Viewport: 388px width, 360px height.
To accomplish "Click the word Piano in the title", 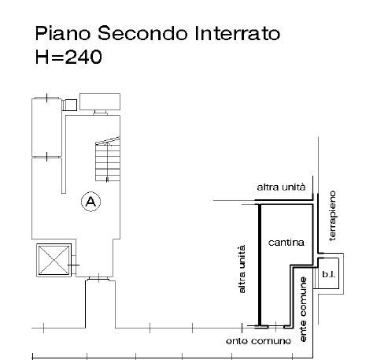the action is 63,33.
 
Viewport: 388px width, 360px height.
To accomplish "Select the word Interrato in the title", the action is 238,33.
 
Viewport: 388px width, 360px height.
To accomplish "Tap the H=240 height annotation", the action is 68,57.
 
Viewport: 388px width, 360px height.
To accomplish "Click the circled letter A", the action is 91,202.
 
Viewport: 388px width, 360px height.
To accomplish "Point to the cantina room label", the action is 286,243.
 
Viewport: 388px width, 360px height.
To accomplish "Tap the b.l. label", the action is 328,274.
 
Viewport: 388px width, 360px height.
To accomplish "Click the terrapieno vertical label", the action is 332,216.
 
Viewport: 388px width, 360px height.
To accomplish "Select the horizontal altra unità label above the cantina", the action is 281,187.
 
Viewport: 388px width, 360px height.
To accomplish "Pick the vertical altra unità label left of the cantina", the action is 242,269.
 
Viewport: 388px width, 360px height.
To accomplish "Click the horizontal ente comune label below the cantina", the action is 258,341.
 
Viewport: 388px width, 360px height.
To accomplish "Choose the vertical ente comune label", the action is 303,310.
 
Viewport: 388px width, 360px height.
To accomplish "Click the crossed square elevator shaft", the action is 54,260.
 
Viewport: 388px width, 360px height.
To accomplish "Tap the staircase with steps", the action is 108,159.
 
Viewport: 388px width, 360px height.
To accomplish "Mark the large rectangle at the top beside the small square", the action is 100,102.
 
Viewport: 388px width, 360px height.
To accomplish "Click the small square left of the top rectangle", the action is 71,105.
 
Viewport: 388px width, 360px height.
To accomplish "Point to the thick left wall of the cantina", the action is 260,265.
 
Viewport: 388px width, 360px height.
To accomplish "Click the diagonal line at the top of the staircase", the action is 108,141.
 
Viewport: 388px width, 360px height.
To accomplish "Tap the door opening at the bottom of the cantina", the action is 276,327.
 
